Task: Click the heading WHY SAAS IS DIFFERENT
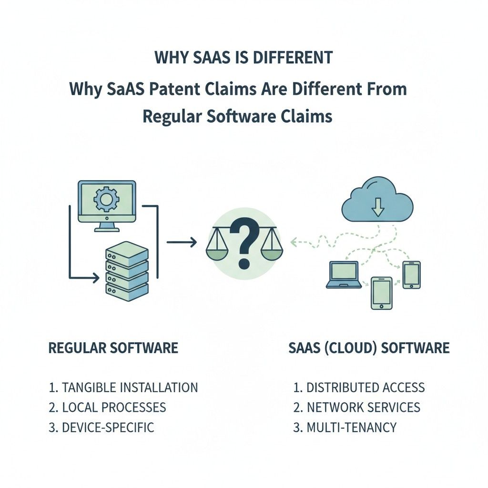[244, 58]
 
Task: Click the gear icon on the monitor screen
[106, 199]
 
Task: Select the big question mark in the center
[244, 243]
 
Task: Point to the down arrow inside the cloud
[378, 207]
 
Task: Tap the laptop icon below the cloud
[344, 274]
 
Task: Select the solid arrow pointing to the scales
[182, 242]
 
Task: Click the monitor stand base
[107, 230]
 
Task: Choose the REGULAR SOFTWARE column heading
[113, 347]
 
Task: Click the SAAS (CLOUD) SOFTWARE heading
[369, 347]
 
